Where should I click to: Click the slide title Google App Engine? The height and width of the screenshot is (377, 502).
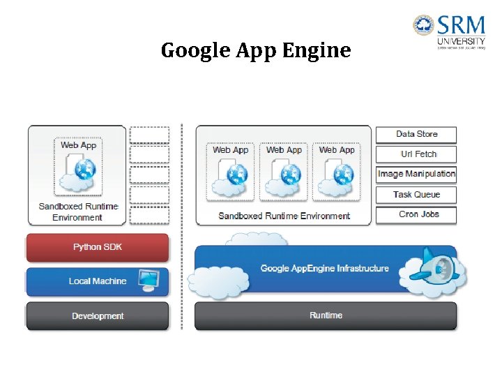256,51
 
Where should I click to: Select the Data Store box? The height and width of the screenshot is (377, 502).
416,134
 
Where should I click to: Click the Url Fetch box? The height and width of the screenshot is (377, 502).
416,154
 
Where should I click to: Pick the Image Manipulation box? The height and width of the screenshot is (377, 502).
416,174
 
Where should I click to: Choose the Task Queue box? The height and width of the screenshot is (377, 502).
416,195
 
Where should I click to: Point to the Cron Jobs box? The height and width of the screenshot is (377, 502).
416,214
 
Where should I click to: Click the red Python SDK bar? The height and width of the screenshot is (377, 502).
98,247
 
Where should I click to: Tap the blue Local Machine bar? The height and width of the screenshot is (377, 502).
98,281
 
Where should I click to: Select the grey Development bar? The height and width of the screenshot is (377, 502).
98,316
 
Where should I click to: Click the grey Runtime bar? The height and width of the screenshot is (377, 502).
326,316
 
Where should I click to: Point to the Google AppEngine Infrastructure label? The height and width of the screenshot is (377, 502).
324,268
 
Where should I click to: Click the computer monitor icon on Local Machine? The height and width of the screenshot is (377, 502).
149,280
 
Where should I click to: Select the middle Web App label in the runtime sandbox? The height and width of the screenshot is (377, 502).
284,150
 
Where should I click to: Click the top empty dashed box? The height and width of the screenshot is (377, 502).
149,135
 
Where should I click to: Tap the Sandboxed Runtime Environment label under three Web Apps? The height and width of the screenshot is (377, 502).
284,216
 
